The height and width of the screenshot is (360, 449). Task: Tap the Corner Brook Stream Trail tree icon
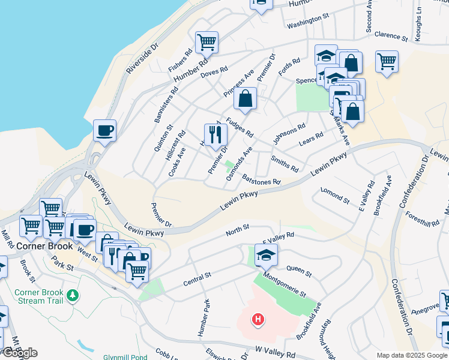pos(73,296)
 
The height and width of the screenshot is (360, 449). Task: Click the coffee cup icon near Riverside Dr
pos(104,130)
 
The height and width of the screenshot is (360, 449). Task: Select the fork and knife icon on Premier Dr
pos(215,134)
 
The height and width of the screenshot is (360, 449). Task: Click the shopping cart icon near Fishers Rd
pos(206,42)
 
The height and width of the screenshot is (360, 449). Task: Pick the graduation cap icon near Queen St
pos(266,254)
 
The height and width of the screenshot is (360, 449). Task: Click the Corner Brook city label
pos(44,246)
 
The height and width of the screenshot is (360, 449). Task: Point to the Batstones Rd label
pos(261,178)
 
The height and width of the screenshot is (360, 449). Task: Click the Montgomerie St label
pos(285,284)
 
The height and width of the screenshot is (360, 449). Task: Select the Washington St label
pos(308,25)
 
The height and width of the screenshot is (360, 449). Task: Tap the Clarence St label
pos(391,35)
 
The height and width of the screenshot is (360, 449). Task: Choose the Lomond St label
pos(334,195)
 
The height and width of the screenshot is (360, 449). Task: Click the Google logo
pos(20,353)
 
